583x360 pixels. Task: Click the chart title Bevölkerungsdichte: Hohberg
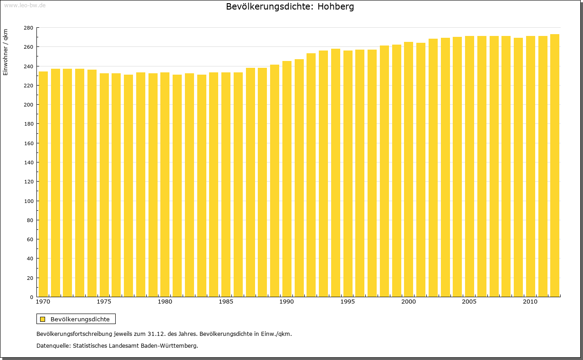tap(290, 7)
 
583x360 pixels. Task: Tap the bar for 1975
tap(104, 185)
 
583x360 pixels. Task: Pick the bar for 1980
tap(165, 184)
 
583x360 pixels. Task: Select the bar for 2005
tap(470, 166)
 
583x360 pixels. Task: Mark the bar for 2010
tap(531, 166)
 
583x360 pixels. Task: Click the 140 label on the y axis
tap(28, 162)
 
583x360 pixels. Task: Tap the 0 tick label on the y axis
tap(31, 297)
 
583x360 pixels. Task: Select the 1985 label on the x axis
tap(226, 302)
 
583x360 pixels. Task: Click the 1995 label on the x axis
tap(348, 302)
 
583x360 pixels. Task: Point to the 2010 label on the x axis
tap(531, 302)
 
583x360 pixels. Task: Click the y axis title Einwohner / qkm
tap(5, 52)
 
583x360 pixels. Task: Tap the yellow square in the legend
tap(42, 319)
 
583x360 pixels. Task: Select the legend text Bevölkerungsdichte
tap(80, 319)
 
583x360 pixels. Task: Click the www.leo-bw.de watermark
tap(25, 5)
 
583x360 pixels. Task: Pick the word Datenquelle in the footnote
tap(53, 345)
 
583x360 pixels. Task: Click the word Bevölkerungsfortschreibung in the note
tap(75, 334)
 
